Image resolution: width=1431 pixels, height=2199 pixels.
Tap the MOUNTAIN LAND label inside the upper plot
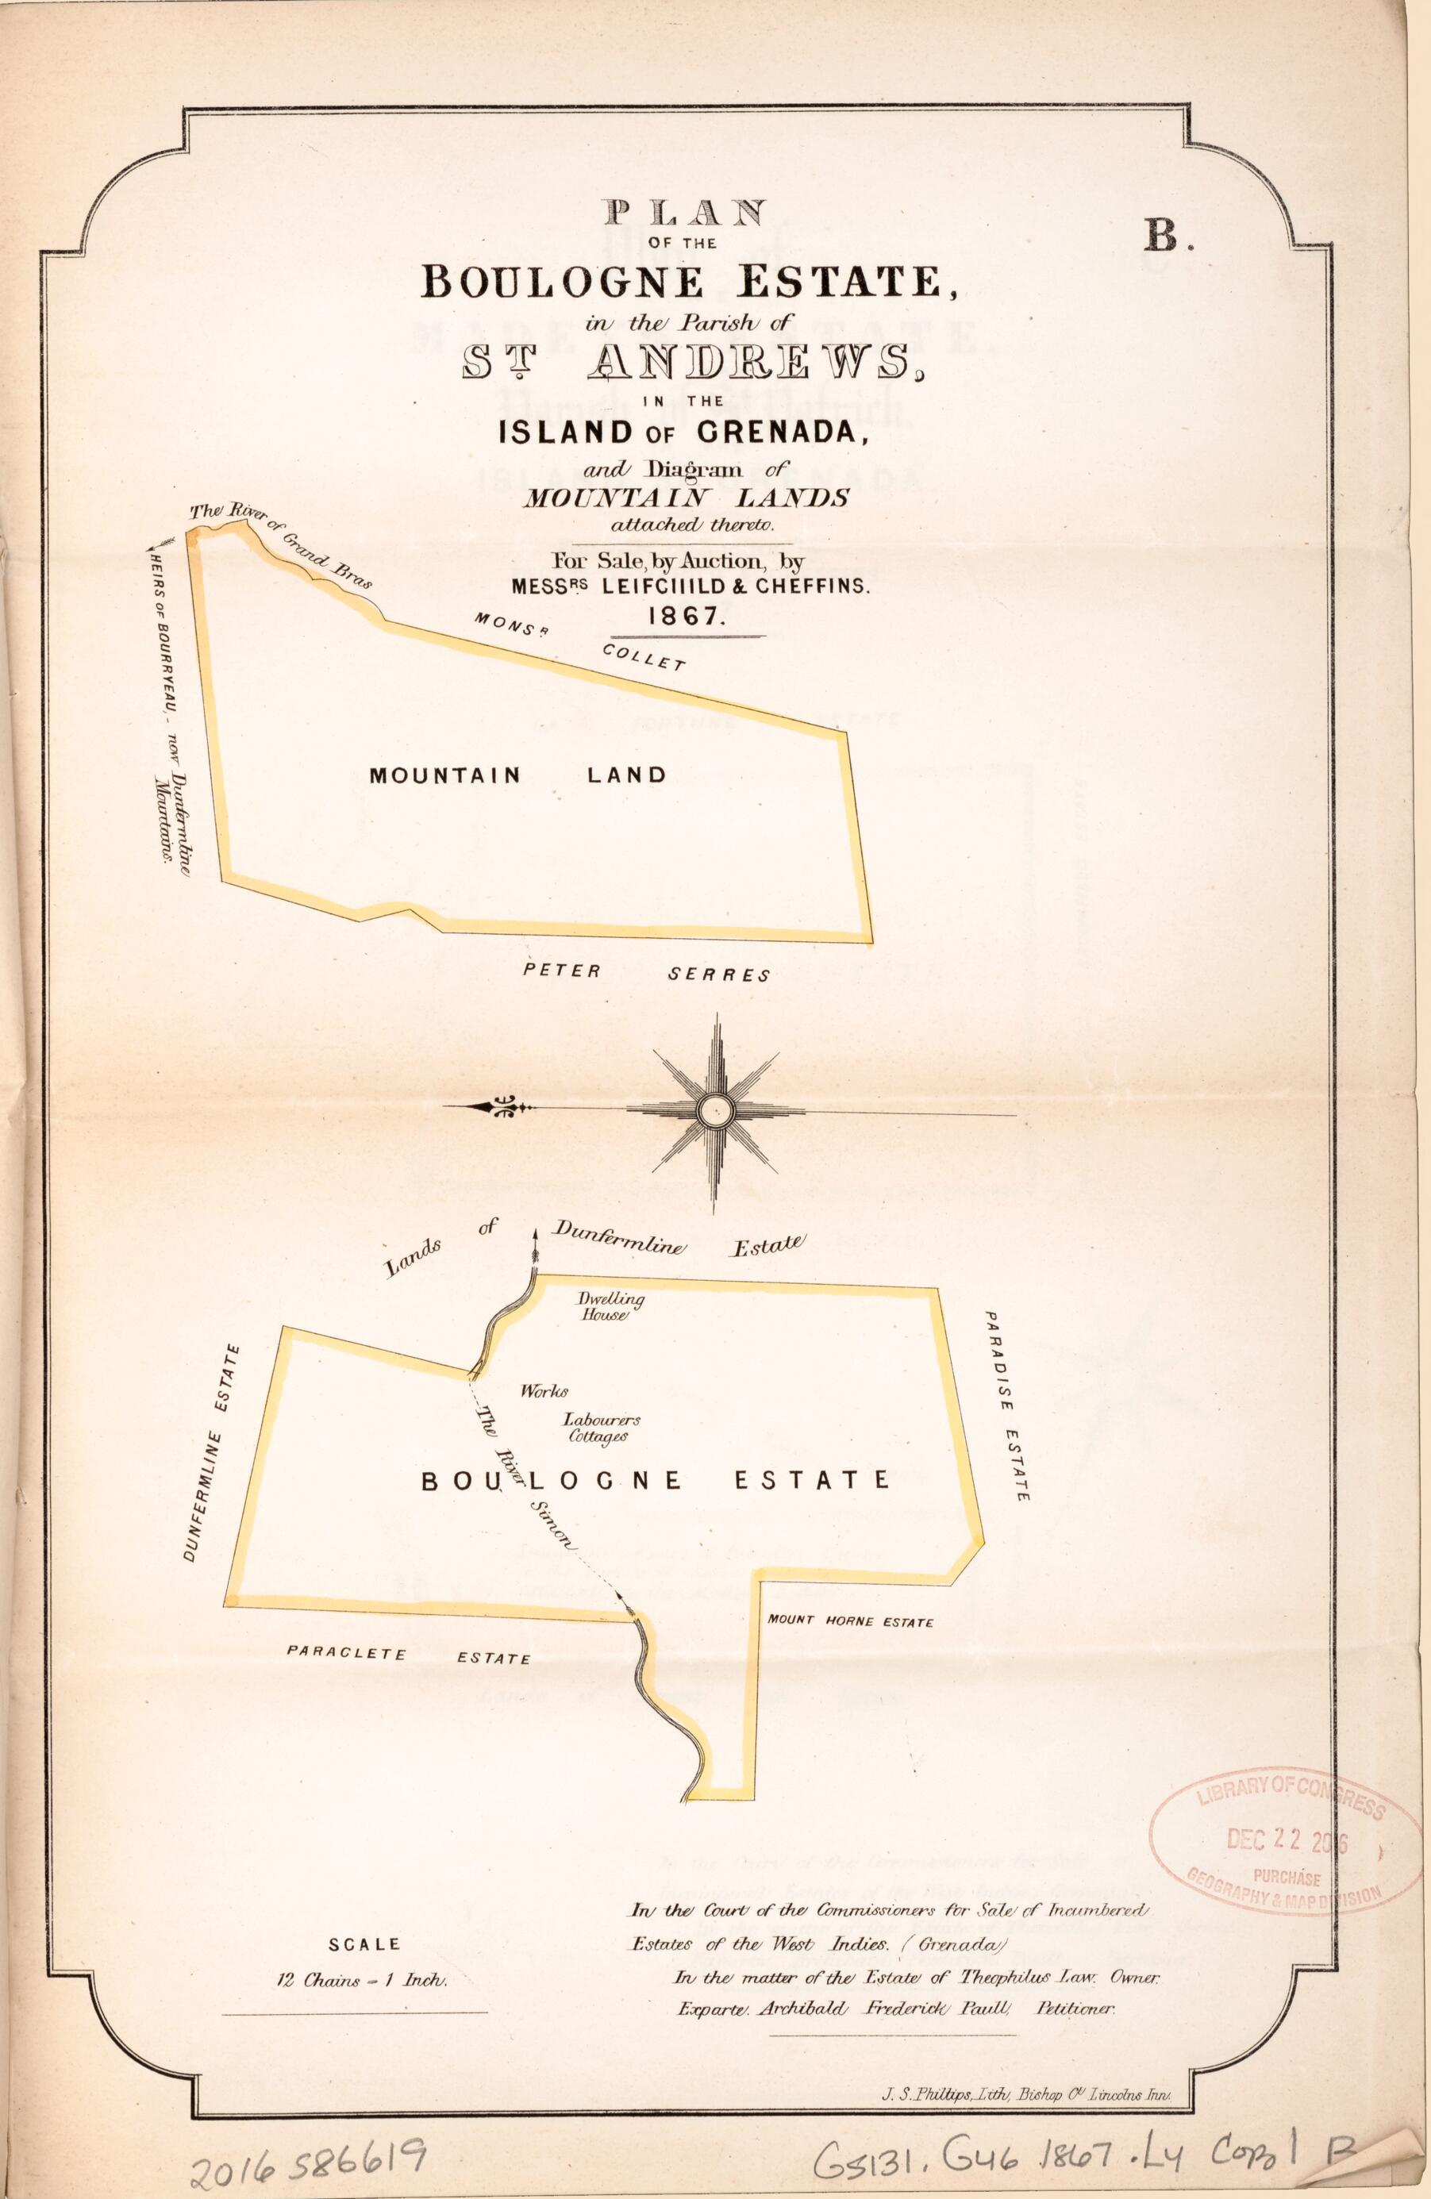517,775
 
